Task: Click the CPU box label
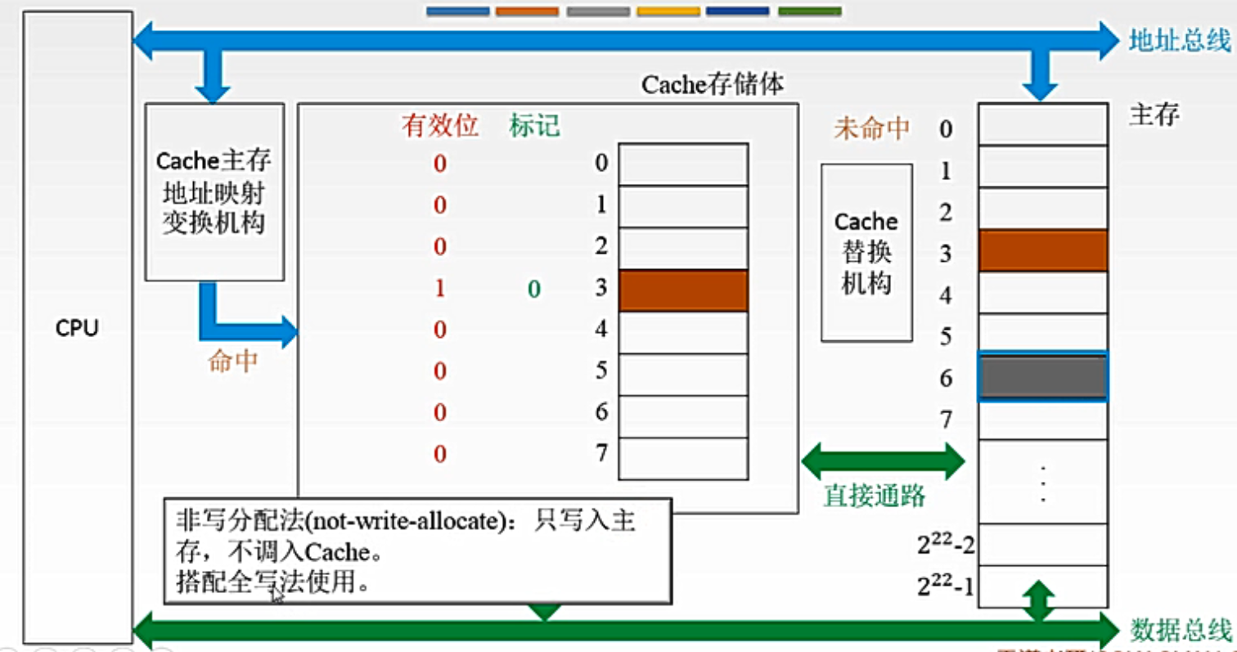(78, 330)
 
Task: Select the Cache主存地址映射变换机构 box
(214, 191)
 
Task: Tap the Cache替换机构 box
(866, 252)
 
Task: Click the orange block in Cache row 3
(683, 290)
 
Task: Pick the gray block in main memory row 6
(1042, 376)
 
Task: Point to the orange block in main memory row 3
(1042, 250)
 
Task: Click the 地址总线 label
(1179, 40)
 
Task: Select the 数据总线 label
(1179, 630)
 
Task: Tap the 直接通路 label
(874, 495)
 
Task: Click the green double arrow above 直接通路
(884, 461)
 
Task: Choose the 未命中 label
(871, 128)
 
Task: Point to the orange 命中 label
(233, 362)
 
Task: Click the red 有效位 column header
(439, 127)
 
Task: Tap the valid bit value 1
(440, 289)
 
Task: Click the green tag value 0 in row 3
(533, 289)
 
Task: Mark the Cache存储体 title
(714, 85)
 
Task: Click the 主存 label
(1154, 115)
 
